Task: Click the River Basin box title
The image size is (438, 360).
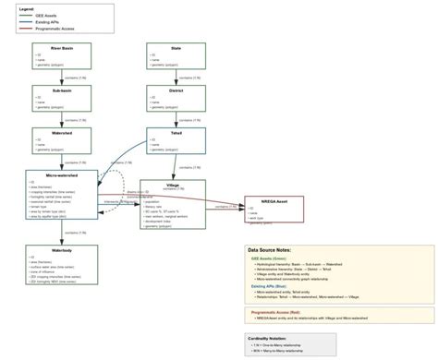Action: pos(63,47)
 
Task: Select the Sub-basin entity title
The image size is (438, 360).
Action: pos(63,90)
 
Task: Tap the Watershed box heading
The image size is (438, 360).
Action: pos(63,133)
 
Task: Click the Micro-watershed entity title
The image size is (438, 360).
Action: pos(62,174)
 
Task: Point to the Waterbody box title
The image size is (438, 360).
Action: pos(63,250)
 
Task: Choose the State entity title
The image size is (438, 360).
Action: pos(176,47)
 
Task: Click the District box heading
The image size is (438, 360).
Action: pos(176,90)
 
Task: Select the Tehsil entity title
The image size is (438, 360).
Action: pos(176,133)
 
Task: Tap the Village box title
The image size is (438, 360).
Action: pos(173,185)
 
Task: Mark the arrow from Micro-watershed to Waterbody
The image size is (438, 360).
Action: pos(63,233)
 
